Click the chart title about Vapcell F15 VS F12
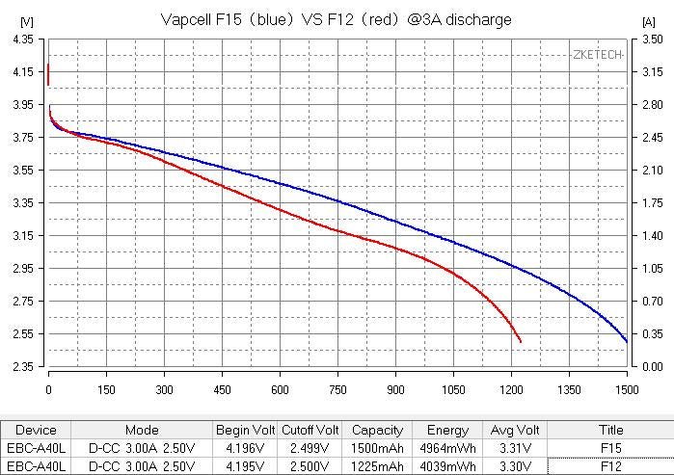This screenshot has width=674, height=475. [x=336, y=19]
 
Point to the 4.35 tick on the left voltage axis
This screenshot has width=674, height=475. [x=21, y=40]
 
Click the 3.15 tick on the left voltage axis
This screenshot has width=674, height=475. [x=21, y=236]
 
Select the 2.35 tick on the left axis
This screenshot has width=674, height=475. [x=21, y=367]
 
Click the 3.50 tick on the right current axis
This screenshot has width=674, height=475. [x=652, y=40]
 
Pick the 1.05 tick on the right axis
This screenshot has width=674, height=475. [x=652, y=269]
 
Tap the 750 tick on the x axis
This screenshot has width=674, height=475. [x=337, y=390]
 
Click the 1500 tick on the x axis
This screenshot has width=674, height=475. [x=627, y=390]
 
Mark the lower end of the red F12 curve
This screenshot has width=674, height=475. [x=521, y=341]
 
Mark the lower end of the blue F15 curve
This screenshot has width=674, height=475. [x=627, y=341]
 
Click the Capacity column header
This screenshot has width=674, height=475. [x=377, y=431]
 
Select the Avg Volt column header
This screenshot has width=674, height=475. [x=514, y=431]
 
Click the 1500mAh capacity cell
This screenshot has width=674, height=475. [x=377, y=448]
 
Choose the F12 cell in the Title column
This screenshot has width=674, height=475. [x=609, y=466]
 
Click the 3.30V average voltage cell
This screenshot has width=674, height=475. [x=514, y=466]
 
